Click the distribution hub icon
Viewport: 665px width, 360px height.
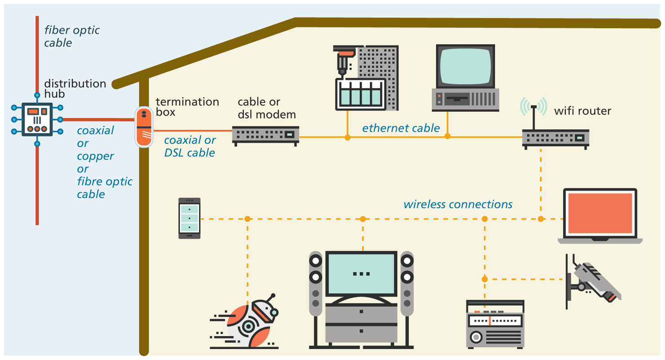(x=37, y=120)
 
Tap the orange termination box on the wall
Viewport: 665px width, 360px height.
(x=143, y=126)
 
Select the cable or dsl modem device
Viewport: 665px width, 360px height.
(x=266, y=134)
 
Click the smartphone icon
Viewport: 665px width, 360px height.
(x=189, y=218)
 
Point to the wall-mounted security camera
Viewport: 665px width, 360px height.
(x=593, y=279)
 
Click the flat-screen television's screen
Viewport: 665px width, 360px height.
(x=362, y=273)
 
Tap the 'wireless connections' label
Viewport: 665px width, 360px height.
(x=458, y=204)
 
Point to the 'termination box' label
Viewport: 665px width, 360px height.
(x=187, y=107)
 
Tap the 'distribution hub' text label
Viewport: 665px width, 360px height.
(x=75, y=89)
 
